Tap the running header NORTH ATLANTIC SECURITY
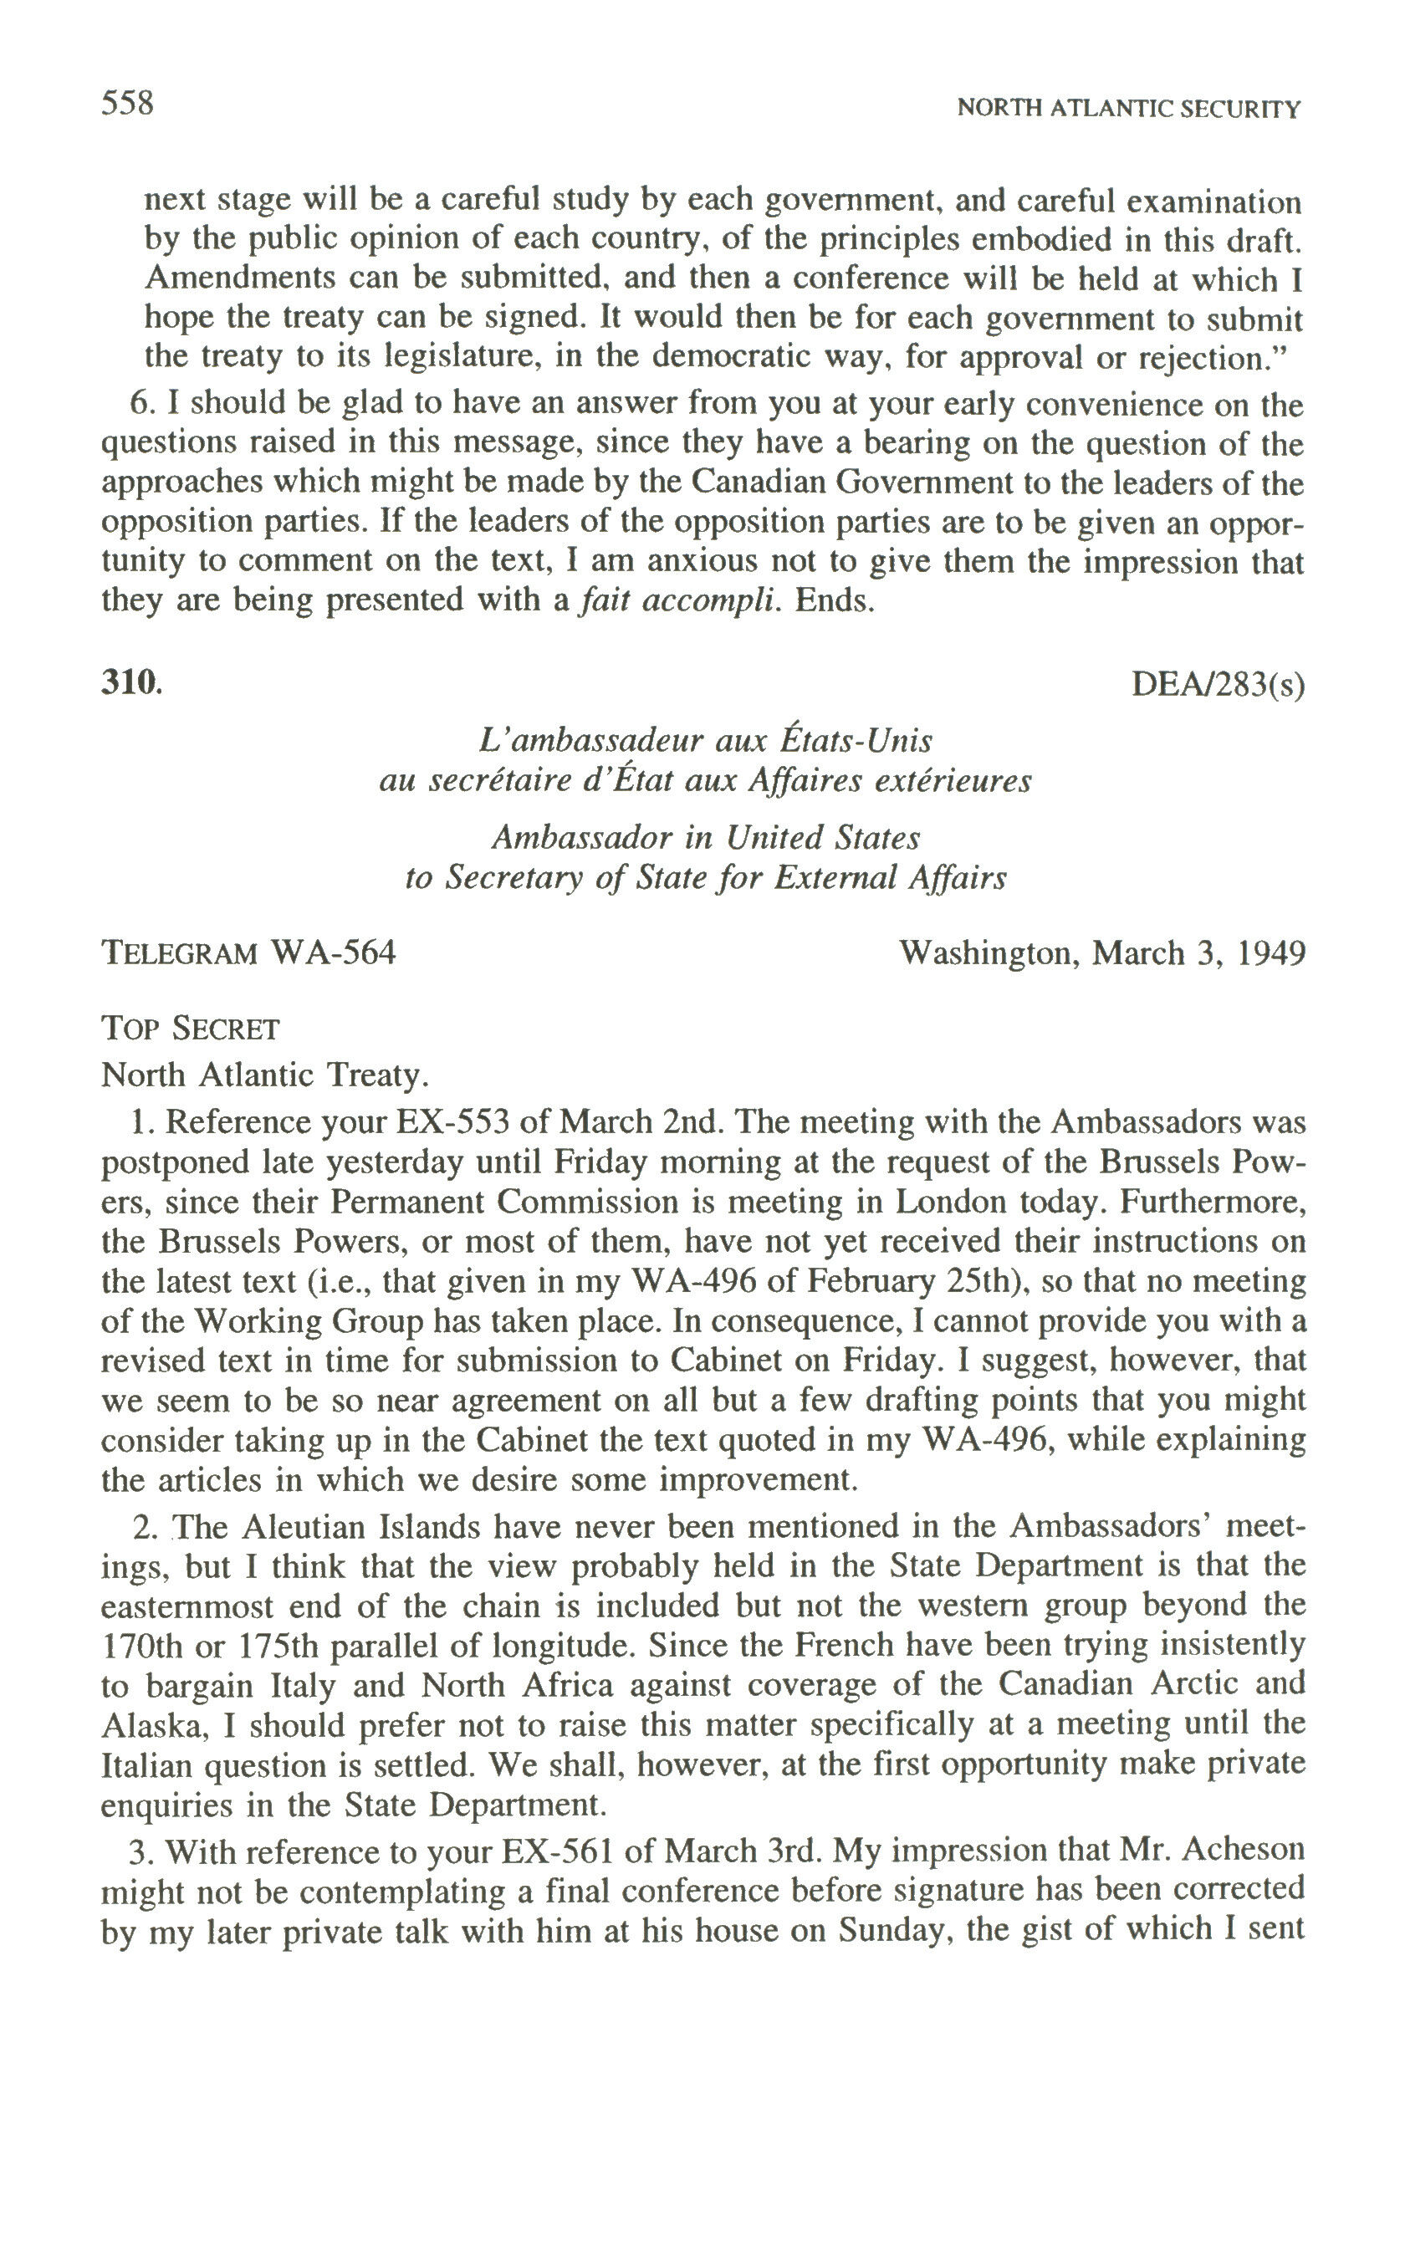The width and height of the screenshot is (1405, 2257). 1128,109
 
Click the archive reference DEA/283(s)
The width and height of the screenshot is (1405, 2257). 1218,685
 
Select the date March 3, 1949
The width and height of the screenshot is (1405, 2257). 1198,953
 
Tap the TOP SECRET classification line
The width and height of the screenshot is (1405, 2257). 190,1029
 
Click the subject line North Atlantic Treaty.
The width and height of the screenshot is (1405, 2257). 265,1075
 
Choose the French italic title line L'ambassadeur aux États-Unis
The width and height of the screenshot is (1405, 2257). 705,741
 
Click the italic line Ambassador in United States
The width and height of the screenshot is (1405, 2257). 705,837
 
